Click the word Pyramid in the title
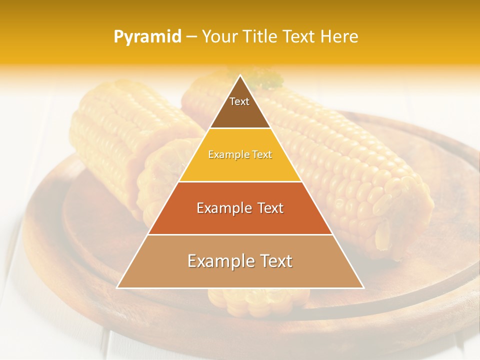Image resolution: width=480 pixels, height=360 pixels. (147, 37)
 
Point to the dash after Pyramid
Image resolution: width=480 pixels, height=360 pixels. (190, 37)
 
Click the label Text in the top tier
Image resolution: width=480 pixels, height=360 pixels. (239, 101)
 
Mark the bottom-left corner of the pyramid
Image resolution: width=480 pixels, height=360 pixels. (117, 288)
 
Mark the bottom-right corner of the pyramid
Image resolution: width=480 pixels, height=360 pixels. (363, 288)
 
